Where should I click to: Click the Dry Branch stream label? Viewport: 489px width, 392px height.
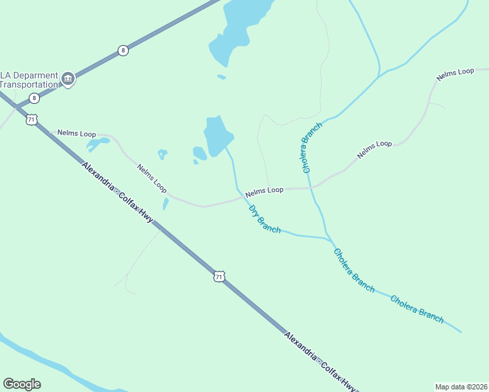click(x=265, y=219)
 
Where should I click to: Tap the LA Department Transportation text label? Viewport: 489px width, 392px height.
click(x=29, y=80)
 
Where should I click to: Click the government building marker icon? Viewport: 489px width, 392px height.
click(x=67, y=80)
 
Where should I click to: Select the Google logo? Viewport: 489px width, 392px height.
click(x=22, y=384)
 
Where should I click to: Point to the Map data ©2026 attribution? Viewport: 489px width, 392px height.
click(x=461, y=386)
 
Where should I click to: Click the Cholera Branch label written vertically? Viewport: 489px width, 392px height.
click(x=312, y=147)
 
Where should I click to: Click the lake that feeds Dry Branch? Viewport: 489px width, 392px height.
click(x=218, y=134)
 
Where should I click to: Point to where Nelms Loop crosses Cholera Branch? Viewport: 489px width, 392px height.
click(x=313, y=188)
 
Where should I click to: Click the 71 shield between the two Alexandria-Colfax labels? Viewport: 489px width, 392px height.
click(x=219, y=276)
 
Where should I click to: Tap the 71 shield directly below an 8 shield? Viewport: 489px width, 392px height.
click(x=31, y=120)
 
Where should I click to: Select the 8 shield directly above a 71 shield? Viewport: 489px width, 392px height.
click(x=34, y=98)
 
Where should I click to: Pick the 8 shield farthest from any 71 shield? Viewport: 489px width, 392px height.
click(x=123, y=50)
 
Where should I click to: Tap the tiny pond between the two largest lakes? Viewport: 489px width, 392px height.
click(x=222, y=76)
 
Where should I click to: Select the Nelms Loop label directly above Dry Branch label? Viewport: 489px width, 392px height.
click(x=264, y=190)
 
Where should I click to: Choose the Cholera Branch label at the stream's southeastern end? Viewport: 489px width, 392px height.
click(x=417, y=309)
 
